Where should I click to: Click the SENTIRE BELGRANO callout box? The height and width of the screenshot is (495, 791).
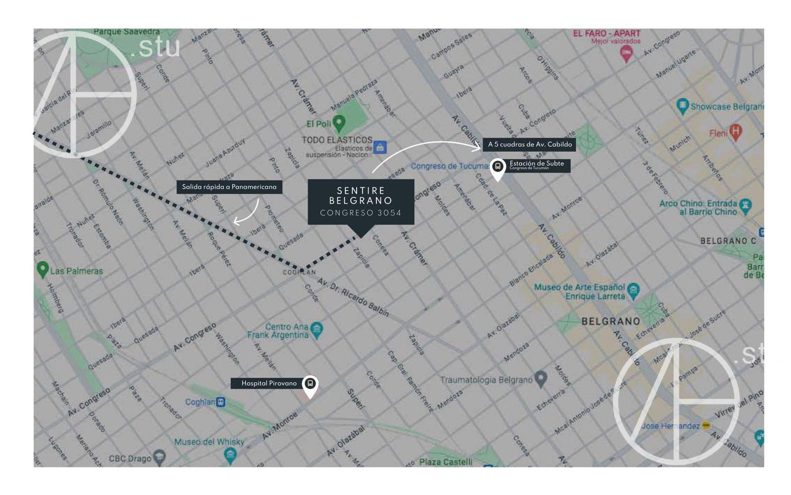click(x=361, y=202)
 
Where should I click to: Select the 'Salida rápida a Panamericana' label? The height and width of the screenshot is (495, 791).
click(x=229, y=187)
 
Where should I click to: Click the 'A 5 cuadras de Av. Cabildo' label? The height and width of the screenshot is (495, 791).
click(x=529, y=144)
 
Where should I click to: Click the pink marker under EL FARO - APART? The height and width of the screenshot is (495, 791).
click(x=626, y=54)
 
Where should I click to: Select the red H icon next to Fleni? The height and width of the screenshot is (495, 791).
click(x=735, y=132)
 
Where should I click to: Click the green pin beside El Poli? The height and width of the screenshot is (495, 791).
click(x=339, y=122)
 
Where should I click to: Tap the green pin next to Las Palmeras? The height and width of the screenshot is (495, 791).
click(x=43, y=269)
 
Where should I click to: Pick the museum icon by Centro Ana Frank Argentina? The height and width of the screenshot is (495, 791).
click(x=316, y=329)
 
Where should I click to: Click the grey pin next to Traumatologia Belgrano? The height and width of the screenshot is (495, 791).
click(x=541, y=379)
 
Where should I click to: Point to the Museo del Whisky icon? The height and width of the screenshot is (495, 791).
click(x=230, y=454)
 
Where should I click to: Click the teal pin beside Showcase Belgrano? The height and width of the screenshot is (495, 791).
click(x=682, y=106)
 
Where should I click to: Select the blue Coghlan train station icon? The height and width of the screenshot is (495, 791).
click(x=221, y=402)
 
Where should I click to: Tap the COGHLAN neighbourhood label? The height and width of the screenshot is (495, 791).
click(x=299, y=272)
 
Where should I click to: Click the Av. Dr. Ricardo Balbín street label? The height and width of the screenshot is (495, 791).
click(x=353, y=297)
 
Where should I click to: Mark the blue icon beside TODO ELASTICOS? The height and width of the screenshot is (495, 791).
click(x=379, y=147)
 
